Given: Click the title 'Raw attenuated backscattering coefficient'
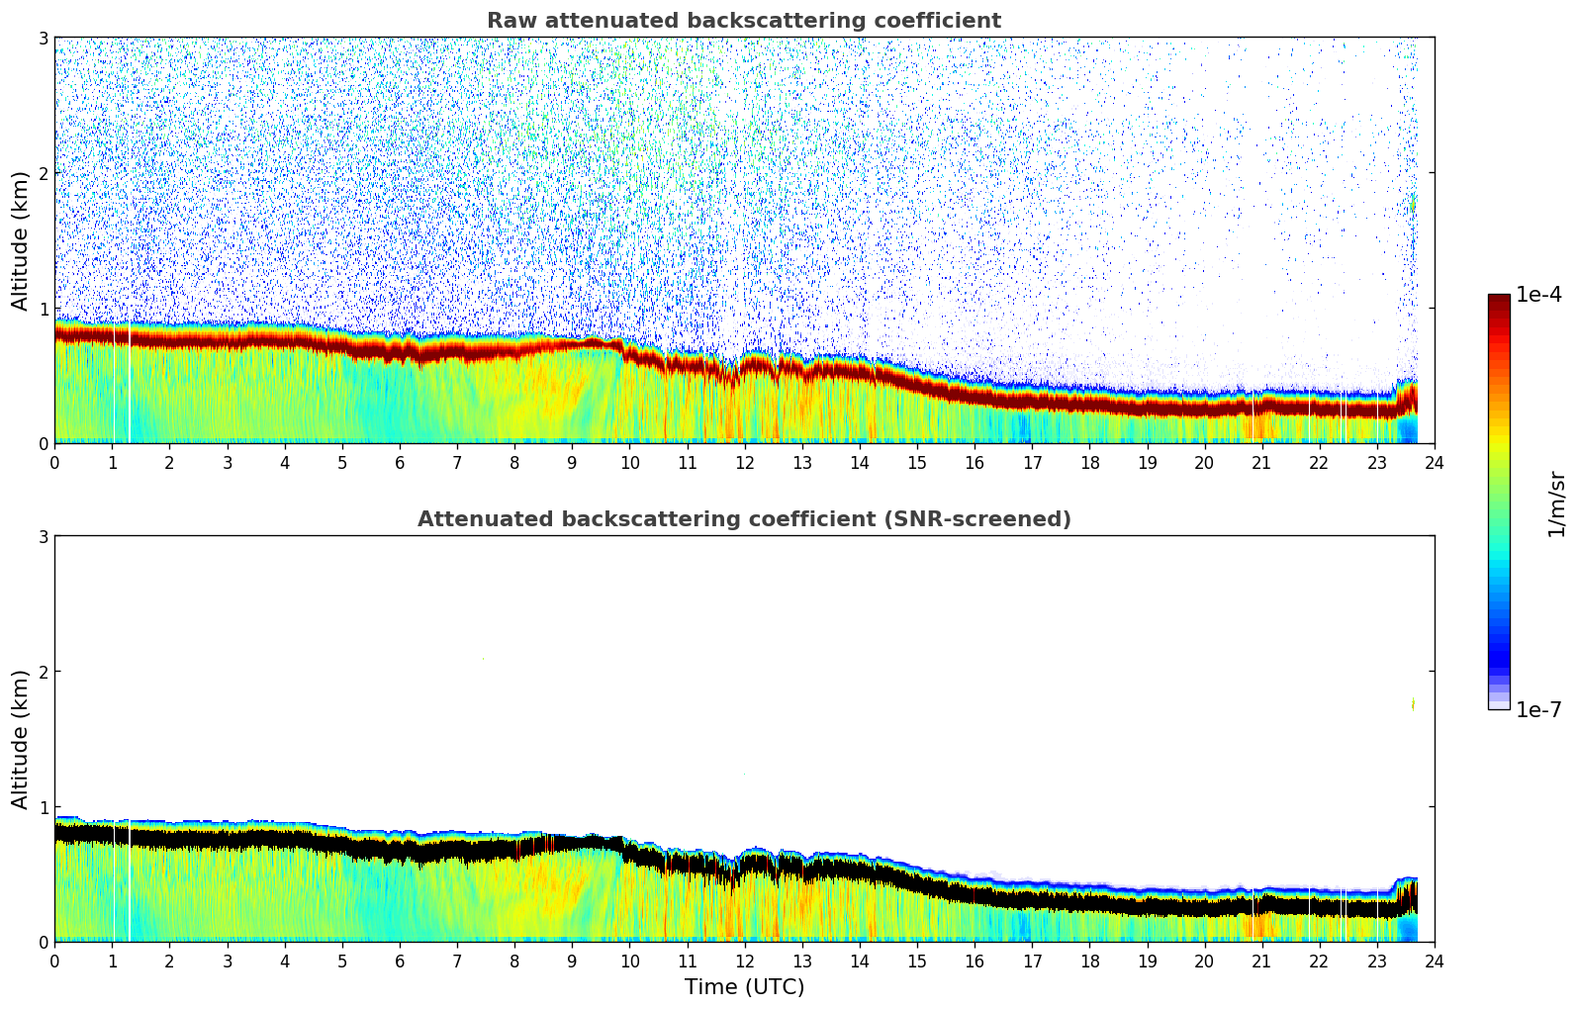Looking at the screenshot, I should coord(744,21).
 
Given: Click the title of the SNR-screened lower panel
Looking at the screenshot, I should coord(744,519).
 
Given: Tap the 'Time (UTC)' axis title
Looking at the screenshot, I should coord(744,987).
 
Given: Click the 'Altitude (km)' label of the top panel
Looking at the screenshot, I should coord(21,240).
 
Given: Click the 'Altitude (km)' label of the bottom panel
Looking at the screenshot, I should coord(21,739).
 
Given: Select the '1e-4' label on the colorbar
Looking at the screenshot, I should coord(1538,295).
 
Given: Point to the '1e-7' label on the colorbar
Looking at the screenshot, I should coord(1538,709).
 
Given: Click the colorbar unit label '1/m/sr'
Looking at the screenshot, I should coord(1556,504).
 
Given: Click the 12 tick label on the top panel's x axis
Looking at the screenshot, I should coord(744,462).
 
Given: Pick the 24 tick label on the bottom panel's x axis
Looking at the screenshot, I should coord(1435,961).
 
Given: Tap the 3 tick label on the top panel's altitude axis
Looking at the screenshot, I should coord(44,38).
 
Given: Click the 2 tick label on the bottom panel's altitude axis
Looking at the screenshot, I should coord(44,672).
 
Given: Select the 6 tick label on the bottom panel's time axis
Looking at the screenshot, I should coord(400,961).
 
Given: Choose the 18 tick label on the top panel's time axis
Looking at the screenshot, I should coord(1089,462).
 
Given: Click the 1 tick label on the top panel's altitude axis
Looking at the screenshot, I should coord(44,309).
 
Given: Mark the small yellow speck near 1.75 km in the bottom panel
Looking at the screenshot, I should coord(1413,704).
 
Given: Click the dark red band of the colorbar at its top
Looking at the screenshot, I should coord(1499,301).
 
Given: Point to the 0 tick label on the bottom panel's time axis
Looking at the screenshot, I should coord(54,961).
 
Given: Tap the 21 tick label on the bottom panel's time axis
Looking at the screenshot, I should coord(1261,961).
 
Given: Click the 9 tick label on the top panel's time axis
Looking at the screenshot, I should coord(572,462).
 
